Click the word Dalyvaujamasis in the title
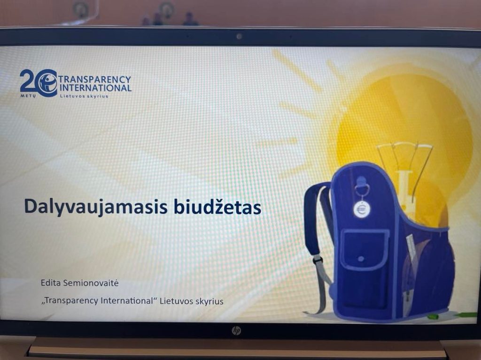click(x=96, y=207)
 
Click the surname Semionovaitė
click(x=91, y=283)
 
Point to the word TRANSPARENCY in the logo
click(x=95, y=79)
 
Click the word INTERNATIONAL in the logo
click(x=95, y=88)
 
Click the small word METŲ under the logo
click(x=28, y=96)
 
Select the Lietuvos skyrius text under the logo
click(x=84, y=96)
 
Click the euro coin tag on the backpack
click(x=361, y=209)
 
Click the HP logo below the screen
click(x=236, y=330)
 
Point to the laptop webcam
click(x=239, y=37)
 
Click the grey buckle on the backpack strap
click(x=318, y=260)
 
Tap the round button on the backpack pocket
click(x=361, y=259)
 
